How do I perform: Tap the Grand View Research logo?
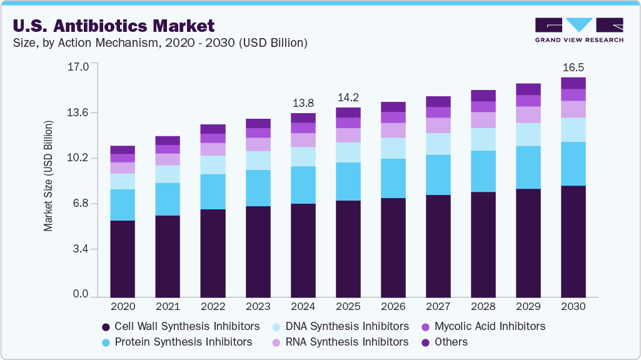(x=579, y=29)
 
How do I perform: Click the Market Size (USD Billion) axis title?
(x=48, y=176)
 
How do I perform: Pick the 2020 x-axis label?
(x=123, y=307)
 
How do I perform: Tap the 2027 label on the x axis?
(x=438, y=307)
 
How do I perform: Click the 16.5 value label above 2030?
(x=573, y=67)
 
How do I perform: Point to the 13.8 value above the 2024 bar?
(x=303, y=102)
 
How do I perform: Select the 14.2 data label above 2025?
(x=348, y=97)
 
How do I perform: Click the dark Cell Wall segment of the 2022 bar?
(x=213, y=253)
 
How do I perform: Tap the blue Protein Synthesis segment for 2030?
(x=573, y=164)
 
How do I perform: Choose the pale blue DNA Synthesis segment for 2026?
(x=393, y=148)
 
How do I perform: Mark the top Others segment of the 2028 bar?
(x=483, y=96)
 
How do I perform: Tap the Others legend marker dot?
(x=426, y=342)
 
